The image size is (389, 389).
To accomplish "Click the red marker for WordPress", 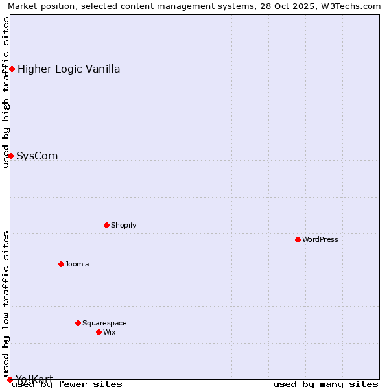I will tap(298, 239).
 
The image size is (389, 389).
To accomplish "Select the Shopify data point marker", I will tap(106, 225).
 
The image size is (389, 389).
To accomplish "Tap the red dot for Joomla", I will tap(61, 264).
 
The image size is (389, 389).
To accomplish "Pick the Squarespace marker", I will tap(78, 323).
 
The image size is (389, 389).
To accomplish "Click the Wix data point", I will tap(99, 332).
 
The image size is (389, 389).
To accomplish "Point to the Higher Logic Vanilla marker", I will tap(12, 69).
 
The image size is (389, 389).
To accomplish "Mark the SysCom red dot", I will tap(10, 156).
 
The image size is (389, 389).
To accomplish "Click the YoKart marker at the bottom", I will tap(10, 379).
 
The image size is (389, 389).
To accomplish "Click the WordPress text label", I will tap(320, 239).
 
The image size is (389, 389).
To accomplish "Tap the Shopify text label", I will tap(123, 225).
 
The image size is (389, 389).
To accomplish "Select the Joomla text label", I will tap(77, 264).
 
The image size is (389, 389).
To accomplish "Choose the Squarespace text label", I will tap(104, 323).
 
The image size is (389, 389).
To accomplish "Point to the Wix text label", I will tap(109, 332).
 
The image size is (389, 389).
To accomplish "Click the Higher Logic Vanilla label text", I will tap(69, 69).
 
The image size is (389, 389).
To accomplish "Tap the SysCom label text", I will tap(37, 156).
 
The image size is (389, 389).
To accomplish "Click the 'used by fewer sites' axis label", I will tap(67, 384).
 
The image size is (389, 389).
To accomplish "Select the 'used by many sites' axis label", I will tap(325, 384).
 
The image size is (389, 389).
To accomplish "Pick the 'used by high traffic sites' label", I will tap(6, 92).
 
